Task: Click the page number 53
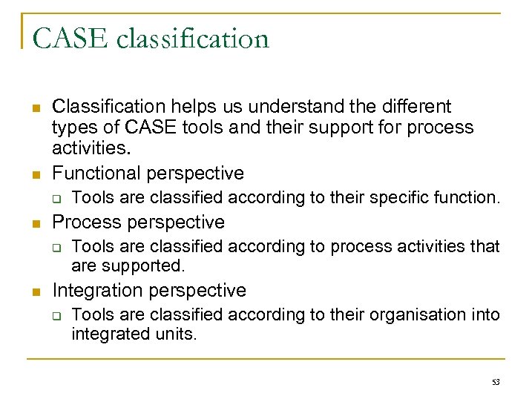pos(496,382)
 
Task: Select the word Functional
pos(97,173)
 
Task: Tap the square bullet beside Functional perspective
pos(36,174)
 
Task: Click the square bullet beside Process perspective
pos(36,223)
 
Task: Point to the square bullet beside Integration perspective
pos(36,291)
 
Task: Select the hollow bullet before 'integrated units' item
pos(56,315)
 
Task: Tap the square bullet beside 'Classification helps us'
pos(36,108)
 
